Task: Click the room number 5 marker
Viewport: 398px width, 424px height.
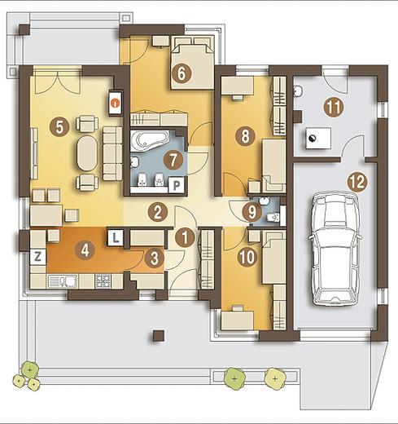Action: point(59,127)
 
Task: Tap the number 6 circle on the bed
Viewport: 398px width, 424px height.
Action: point(182,73)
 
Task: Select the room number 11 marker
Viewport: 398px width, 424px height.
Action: point(334,108)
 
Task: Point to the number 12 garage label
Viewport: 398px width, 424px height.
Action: point(358,182)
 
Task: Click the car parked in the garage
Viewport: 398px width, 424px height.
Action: point(335,250)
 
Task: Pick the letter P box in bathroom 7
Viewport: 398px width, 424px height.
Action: point(177,185)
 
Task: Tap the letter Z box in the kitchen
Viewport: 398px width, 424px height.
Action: point(38,257)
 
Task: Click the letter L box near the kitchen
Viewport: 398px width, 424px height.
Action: point(116,238)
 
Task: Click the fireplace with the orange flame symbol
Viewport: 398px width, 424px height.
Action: point(116,103)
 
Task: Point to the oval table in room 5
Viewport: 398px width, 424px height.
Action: point(86,153)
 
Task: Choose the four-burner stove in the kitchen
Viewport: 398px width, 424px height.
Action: point(103,281)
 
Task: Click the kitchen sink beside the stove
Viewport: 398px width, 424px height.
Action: point(63,281)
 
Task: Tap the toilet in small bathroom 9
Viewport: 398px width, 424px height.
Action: point(273,218)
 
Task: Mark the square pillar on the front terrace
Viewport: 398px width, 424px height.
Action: point(159,336)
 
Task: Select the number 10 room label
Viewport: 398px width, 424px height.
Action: point(247,257)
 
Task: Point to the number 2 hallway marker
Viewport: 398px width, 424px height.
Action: point(158,212)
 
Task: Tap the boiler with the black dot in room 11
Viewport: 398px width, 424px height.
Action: point(318,138)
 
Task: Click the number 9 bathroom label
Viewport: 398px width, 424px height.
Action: point(251,212)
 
